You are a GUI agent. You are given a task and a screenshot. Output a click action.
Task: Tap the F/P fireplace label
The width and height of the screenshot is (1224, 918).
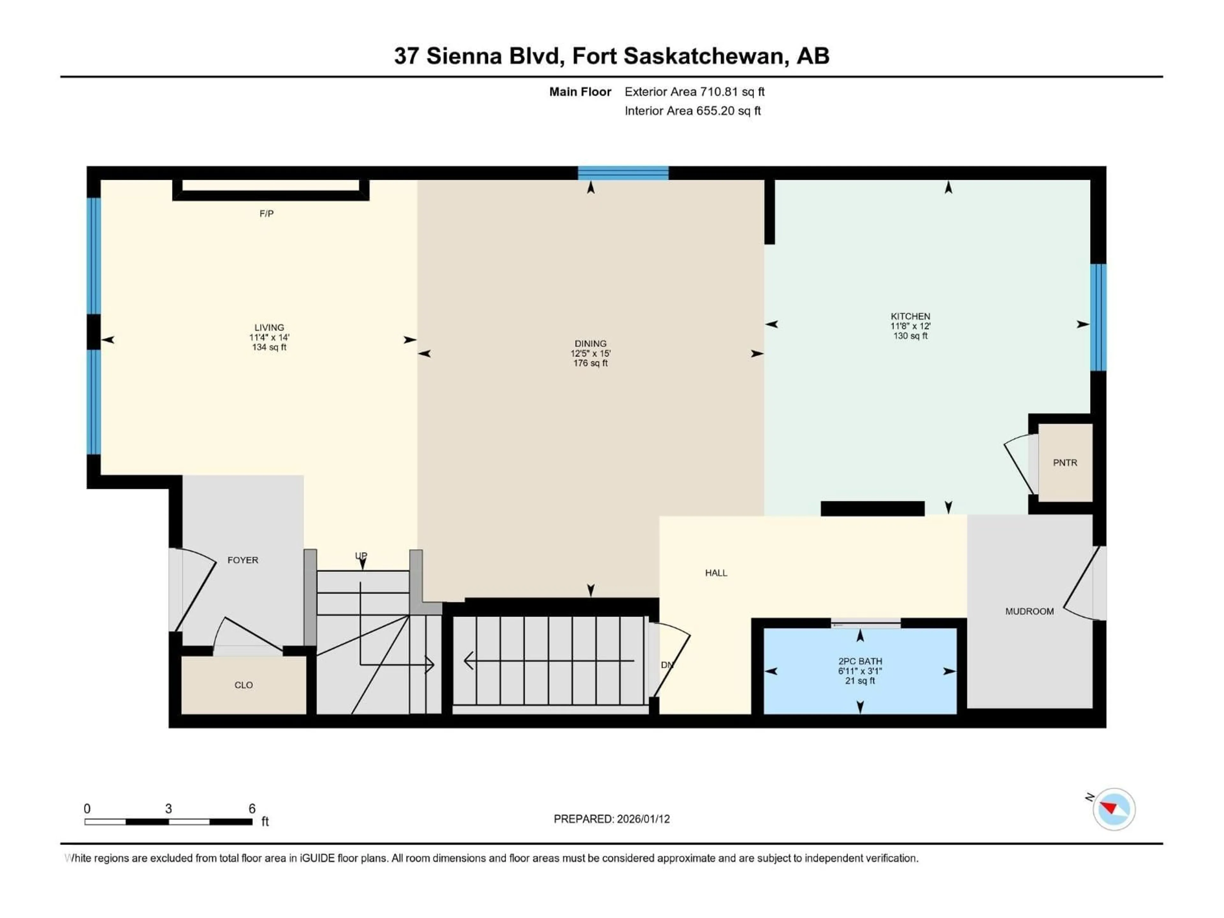(x=266, y=214)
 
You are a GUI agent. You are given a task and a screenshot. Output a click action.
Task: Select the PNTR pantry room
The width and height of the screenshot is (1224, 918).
(x=1065, y=463)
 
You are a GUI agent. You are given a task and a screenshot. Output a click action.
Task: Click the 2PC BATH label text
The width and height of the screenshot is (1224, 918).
(x=860, y=661)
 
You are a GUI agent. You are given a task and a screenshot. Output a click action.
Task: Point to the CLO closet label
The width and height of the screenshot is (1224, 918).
(x=244, y=685)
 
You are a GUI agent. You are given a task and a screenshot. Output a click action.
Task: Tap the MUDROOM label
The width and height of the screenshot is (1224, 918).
(x=1029, y=611)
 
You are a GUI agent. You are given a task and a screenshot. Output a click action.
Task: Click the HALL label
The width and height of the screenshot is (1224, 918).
(x=716, y=573)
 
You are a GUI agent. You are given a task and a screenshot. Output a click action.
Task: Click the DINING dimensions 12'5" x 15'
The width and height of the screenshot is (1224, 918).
(x=590, y=353)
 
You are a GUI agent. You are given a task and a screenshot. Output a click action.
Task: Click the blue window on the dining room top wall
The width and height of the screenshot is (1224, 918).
(x=623, y=173)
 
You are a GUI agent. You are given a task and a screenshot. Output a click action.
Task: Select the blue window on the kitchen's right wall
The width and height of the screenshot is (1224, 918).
(x=1098, y=317)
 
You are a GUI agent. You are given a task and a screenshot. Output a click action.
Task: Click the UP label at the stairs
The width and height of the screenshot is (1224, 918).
(x=361, y=556)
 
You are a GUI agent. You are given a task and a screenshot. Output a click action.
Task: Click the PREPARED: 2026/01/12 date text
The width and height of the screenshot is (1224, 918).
(x=611, y=819)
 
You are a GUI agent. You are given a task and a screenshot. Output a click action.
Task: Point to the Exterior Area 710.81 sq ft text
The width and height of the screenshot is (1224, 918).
(x=695, y=92)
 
